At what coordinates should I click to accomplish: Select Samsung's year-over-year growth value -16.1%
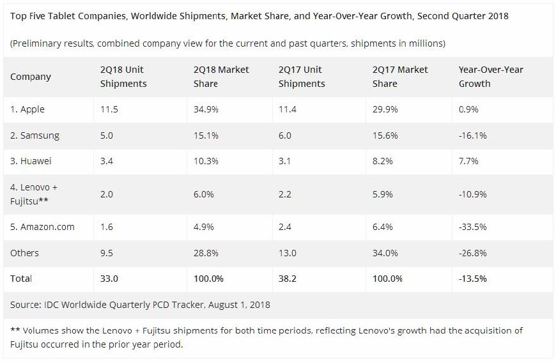pyautogui.click(x=473, y=135)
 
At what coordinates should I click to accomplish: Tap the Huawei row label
pyautogui.click(x=31, y=162)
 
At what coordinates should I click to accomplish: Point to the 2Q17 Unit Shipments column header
pyautogui.click(x=302, y=77)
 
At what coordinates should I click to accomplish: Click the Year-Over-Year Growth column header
pyautogui.click(x=491, y=77)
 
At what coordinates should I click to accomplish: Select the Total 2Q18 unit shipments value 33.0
pyautogui.click(x=109, y=279)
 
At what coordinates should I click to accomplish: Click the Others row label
pyautogui.click(x=24, y=253)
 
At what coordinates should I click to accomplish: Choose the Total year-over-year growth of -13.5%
pyautogui.click(x=474, y=279)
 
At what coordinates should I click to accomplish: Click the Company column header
pyautogui.click(x=30, y=77)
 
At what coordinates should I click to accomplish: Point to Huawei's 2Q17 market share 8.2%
pyautogui.click(x=383, y=162)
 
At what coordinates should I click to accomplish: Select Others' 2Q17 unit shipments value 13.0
pyautogui.click(x=289, y=253)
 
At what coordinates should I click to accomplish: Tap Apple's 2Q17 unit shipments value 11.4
pyautogui.click(x=289, y=109)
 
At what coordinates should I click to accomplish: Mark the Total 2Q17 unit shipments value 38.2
pyautogui.click(x=290, y=279)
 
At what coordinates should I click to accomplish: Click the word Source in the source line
pyautogui.click(x=25, y=305)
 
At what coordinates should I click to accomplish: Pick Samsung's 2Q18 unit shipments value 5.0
pyautogui.click(x=108, y=135)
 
